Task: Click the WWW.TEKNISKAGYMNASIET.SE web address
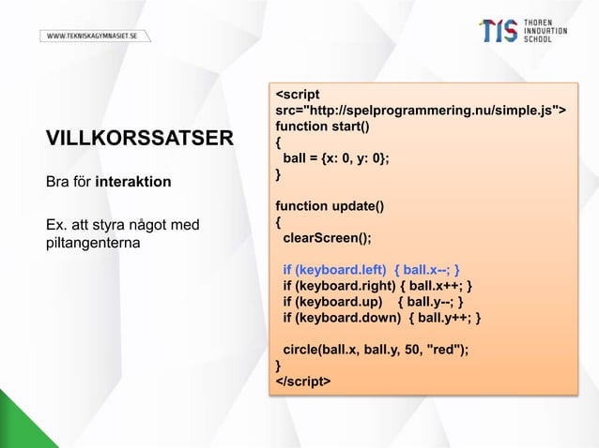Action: (x=94, y=36)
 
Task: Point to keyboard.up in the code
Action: (x=338, y=302)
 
